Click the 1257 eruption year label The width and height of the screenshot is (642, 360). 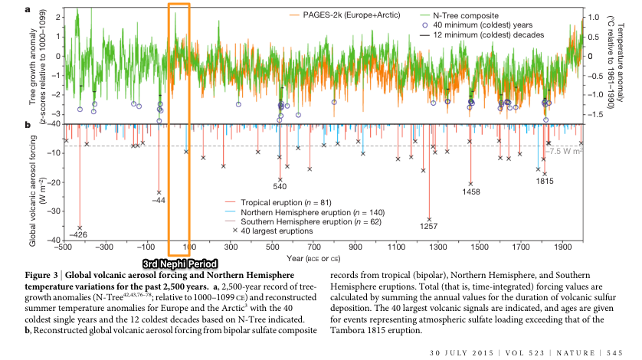tap(428, 226)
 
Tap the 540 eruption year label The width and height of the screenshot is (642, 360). tap(280, 186)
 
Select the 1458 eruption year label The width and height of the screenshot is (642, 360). tap(471, 191)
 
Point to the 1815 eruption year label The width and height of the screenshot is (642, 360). tap(545, 181)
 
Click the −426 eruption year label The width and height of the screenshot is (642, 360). tap(78, 234)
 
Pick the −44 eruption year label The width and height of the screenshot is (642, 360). tap(159, 200)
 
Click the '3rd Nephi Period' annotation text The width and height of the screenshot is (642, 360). tap(180, 264)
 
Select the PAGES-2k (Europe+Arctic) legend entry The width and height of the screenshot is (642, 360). tap(345, 15)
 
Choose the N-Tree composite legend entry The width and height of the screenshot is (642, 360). tap(460, 15)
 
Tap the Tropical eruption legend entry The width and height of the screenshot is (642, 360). tap(278, 203)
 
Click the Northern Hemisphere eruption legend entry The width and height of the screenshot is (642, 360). tap(305, 213)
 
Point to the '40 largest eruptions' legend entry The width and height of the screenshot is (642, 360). tap(273, 231)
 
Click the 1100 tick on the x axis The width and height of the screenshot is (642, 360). tap(397, 247)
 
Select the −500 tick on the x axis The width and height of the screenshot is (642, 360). tap(63, 247)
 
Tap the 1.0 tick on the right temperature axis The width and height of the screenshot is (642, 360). tap(593, 17)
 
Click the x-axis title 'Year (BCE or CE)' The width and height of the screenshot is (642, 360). tap(313, 259)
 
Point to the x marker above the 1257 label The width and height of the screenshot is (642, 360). tap(429, 220)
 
